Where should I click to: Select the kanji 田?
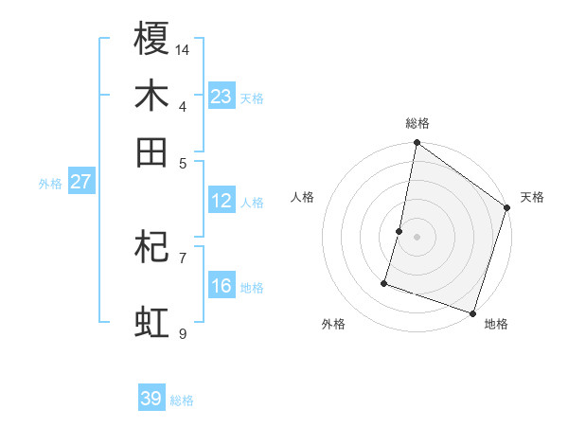[152, 151]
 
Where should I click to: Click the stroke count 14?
[184, 48]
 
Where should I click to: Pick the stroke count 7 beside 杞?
[183, 257]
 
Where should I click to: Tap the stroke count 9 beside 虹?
[183, 333]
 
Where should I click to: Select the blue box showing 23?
[221, 96]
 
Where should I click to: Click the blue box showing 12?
[221, 201]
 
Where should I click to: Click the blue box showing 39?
[151, 399]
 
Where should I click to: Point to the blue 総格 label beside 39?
[182, 400]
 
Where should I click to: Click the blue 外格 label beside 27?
[50, 184]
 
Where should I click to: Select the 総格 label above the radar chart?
[417, 123]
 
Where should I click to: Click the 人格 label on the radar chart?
[303, 197]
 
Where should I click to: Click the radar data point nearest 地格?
[472, 312]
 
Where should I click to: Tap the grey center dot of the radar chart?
[417, 236]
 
